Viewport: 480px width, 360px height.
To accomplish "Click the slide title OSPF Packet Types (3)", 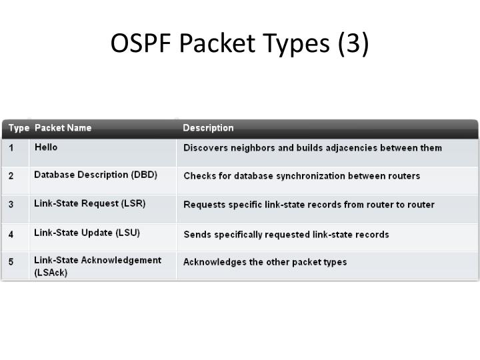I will [239, 43].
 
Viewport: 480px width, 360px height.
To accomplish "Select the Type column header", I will [19, 128].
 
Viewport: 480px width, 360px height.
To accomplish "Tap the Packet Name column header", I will [63, 128].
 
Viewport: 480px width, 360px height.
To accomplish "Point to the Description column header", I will [208, 128].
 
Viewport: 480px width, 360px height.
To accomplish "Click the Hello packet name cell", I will [47, 147].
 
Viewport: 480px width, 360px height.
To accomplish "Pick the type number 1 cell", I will [11, 148].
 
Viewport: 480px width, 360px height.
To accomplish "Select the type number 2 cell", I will [11, 177].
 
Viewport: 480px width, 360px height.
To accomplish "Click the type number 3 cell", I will [11, 205].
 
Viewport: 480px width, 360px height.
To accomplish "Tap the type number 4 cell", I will [11, 234].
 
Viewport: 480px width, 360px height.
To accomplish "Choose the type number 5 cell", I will [11, 262].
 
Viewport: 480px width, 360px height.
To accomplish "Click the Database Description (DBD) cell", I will [95, 175].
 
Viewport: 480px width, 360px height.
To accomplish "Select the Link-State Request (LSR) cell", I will [89, 203].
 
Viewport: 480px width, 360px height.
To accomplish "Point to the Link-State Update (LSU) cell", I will [87, 232].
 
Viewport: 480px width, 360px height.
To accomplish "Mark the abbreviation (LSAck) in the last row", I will [51, 273].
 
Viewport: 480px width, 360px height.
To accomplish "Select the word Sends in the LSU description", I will [197, 234].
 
